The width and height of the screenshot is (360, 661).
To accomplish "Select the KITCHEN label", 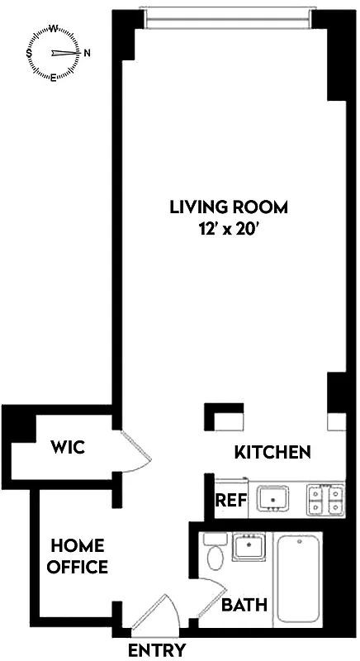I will (x=272, y=452).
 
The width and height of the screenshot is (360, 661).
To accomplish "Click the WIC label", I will (x=67, y=448).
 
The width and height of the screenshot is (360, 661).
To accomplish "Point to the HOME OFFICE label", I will (x=78, y=556).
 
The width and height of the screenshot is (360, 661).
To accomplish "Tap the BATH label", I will (x=244, y=605).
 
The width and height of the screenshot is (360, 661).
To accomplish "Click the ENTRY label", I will (x=156, y=650).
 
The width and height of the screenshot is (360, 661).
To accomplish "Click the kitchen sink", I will (x=272, y=498).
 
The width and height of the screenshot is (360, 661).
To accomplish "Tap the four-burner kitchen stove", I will (x=325, y=499).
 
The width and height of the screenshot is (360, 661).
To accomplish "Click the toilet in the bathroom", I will (x=216, y=554).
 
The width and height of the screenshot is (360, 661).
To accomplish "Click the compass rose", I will (x=55, y=53).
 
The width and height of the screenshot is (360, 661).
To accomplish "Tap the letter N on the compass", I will (x=87, y=53).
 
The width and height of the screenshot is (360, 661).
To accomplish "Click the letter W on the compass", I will (x=54, y=27).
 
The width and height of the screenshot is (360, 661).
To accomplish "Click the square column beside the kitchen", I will (x=224, y=417).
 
